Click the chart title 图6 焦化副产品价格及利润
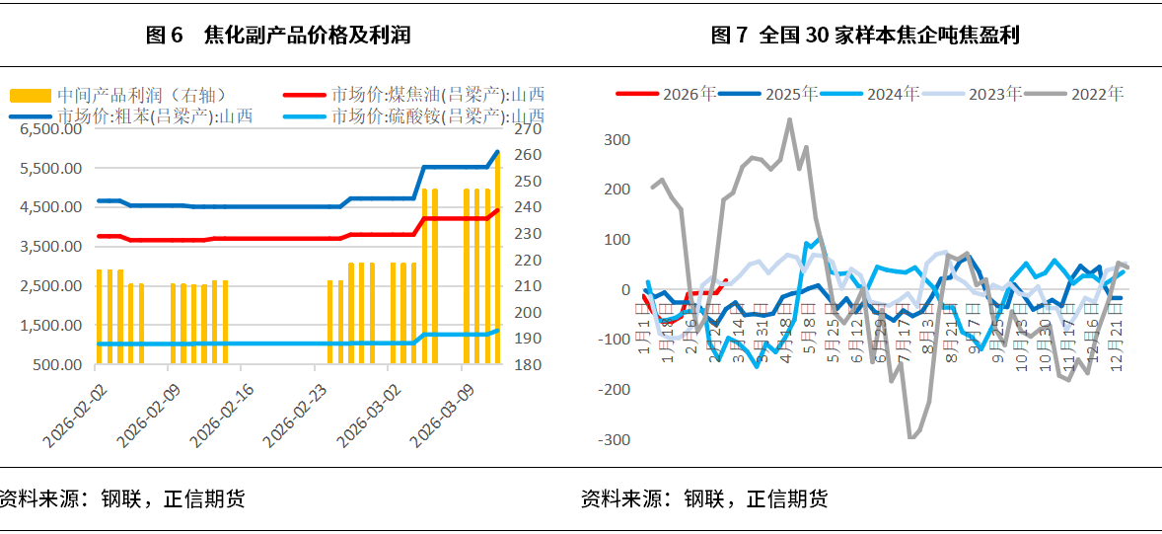(x=278, y=36)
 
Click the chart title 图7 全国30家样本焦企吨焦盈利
(x=865, y=36)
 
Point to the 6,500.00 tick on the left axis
(x=49, y=129)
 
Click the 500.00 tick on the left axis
(x=57, y=364)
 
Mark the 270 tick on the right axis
(x=528, y=129)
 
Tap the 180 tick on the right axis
(x=528, y=364)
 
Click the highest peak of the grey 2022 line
(x=789, y=120)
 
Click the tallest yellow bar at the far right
(x=498, y=257)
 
